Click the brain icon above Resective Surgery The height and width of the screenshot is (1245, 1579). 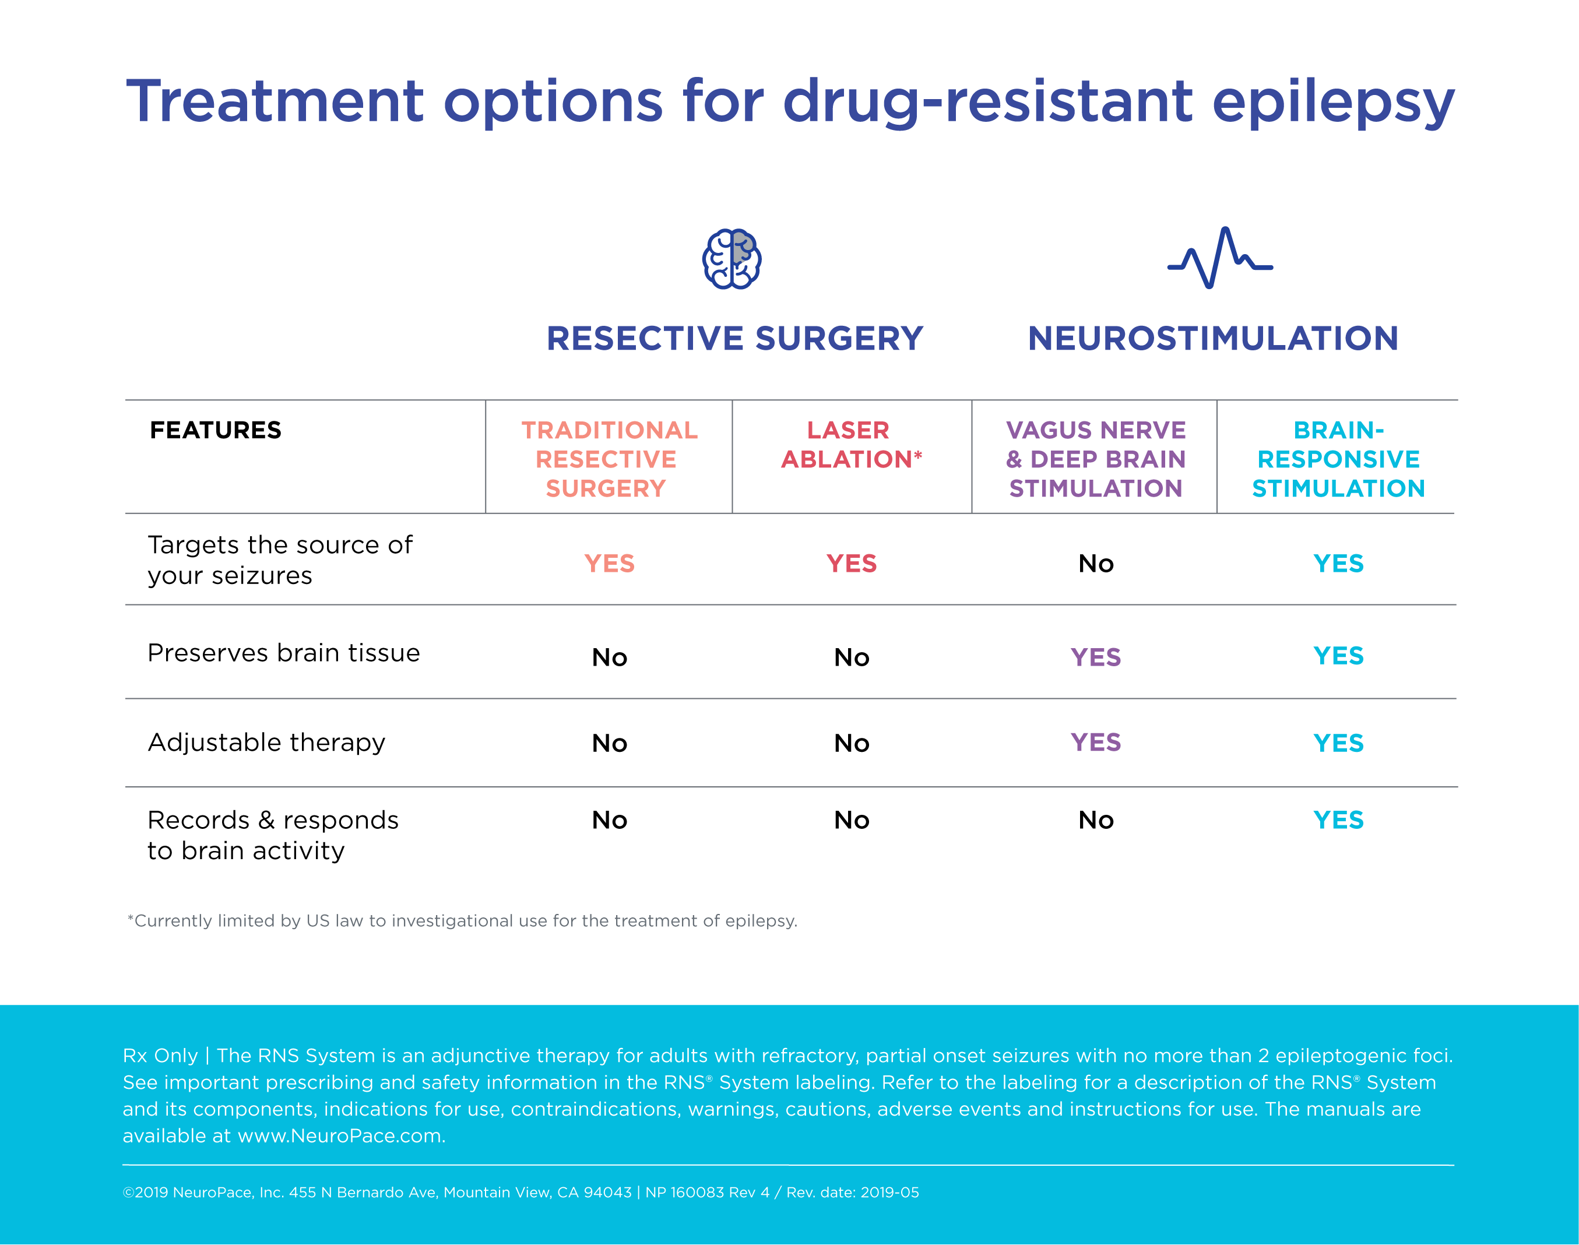(732, 259)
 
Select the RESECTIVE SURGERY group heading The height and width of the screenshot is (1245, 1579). (735, 338)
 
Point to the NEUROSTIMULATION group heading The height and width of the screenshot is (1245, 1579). (1213, 338)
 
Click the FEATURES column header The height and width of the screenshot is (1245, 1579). (215, 430)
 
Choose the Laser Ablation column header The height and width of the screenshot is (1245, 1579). (851, 445)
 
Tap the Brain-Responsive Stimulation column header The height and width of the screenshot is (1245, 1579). (1338, 459)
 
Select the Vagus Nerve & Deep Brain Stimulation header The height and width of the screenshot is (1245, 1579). (1095, 459)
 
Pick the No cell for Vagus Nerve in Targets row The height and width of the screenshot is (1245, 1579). (1096, 564)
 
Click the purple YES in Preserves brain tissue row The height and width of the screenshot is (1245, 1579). (1095, 657)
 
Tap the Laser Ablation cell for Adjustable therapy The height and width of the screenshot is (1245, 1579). (852, 743)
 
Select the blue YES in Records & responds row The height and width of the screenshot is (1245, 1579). (1338, 820)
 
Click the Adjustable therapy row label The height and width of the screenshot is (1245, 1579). (266, 742)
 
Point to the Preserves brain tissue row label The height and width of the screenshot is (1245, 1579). (284, 652)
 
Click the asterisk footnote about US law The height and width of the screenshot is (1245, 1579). (462, 920)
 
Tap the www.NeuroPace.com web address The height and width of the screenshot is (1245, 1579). (340, 1135)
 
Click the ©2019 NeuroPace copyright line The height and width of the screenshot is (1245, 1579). (521, 1193)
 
